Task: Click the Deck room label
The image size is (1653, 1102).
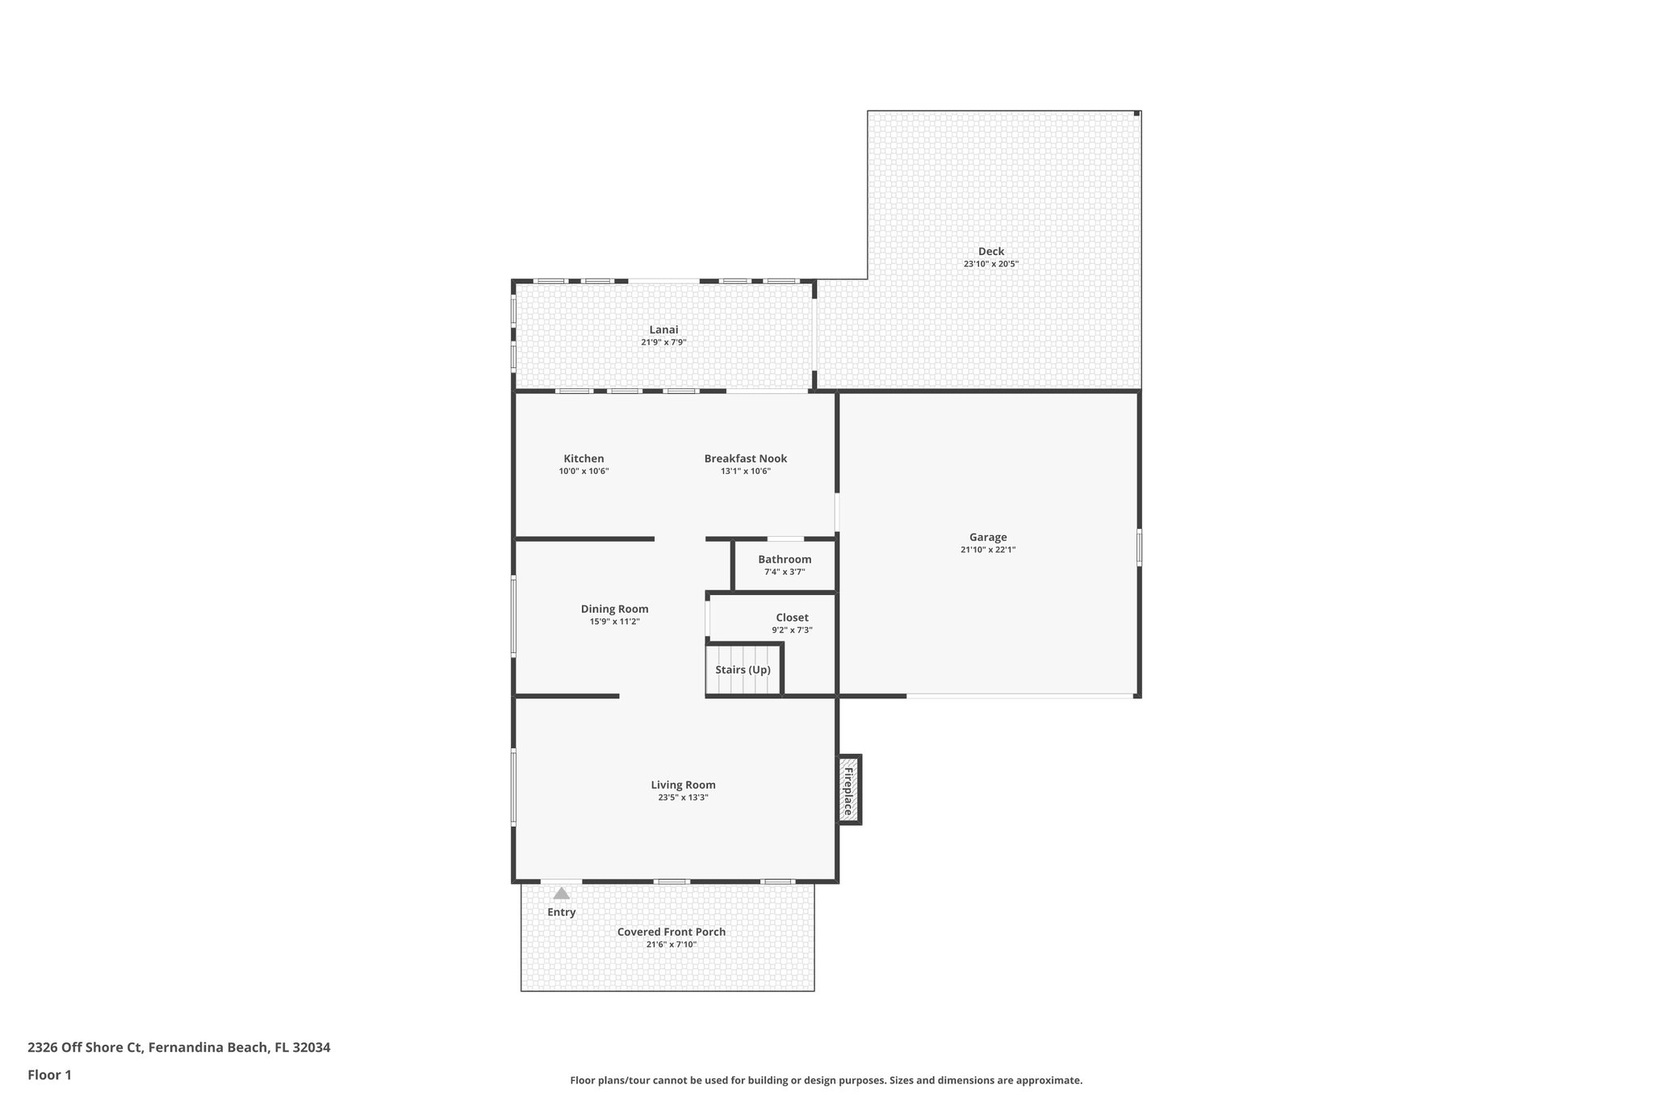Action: [990, 251]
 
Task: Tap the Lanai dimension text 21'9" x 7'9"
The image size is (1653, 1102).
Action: [663, 342]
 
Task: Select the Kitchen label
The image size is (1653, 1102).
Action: [584, 459]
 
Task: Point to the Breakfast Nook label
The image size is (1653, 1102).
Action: [745, 459]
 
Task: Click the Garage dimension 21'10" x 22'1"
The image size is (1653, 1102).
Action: [988, 550]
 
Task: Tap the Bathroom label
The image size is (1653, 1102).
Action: [785, 559]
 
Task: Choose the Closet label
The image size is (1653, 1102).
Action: [792, 618]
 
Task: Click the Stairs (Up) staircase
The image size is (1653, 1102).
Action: [743, 669]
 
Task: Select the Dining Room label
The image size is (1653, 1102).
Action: [614, 609]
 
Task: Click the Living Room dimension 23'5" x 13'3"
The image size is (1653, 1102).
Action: [683, 798]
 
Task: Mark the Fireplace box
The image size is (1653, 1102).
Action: [848, 790]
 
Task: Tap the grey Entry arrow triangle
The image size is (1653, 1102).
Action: [561, 894]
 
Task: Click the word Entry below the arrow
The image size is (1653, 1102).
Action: [561, 912]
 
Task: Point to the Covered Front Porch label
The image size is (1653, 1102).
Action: [671, 932]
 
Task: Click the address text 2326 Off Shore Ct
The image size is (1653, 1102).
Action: [85, 1047]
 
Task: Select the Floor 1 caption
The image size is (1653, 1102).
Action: [49, 1075]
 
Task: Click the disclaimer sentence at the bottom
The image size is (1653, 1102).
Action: [826, 1080]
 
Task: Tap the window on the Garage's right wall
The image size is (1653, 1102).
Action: [1139, 547]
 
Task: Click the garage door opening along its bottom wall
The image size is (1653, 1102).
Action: [1019, 695]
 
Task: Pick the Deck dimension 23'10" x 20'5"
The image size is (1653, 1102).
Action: [990, 264]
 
